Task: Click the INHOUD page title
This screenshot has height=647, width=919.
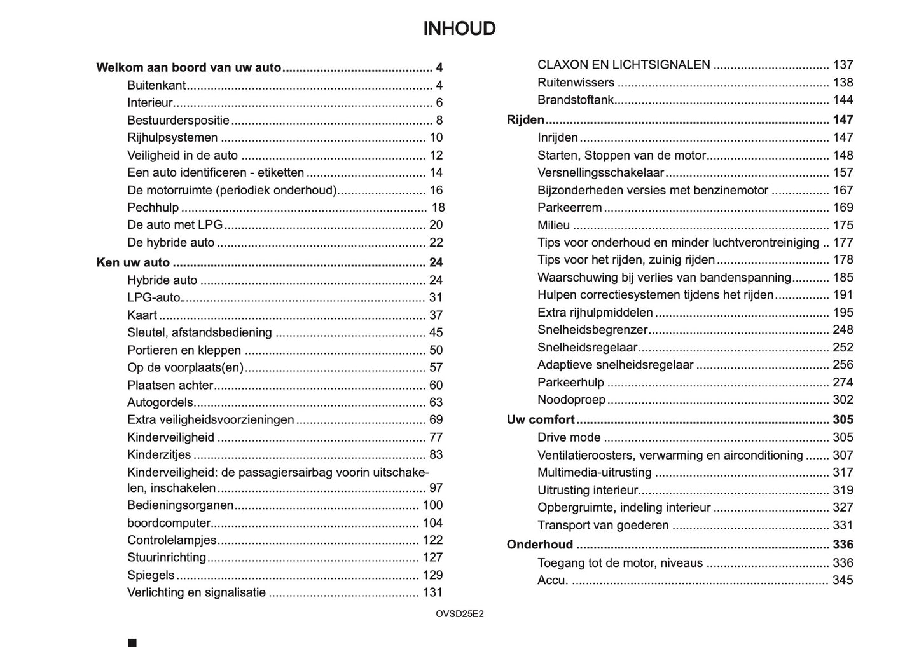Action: click(459, 29)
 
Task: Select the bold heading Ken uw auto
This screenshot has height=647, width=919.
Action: click(133, 262)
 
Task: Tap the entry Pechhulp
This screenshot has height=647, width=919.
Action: click(153, 207)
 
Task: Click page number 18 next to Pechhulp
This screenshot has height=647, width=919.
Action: click(438, 207)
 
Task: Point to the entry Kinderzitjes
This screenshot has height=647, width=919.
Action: click(159, 454)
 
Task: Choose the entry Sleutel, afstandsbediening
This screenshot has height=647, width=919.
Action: click(199, 332)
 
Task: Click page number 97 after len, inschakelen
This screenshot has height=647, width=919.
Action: click(436, 488)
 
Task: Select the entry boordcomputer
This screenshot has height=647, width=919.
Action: click(169, 523)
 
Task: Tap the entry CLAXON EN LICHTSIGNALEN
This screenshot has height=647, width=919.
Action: click(623, 65)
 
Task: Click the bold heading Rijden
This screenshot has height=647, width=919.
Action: click(525, 119)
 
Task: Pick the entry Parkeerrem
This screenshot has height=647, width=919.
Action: click(569, 207)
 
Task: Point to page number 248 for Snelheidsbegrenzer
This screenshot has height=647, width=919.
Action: click(843, 329)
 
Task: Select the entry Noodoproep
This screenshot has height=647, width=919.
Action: click(571, 400)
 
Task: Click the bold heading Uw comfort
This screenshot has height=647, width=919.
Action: click(541, 419)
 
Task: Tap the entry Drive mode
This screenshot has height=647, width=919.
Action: click(569, 437)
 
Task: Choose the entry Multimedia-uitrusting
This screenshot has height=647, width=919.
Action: click(594, 472)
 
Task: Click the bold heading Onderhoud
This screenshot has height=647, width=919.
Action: click(539, 545)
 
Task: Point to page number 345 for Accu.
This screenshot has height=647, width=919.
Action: click(843, 580)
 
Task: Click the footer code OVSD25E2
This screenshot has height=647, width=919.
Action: click(459, 614)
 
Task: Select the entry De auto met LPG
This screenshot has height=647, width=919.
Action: click(175, 224)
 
